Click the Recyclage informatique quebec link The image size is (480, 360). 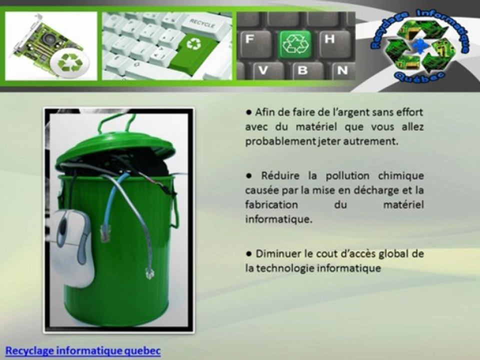[83, 350]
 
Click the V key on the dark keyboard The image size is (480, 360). [263, 70]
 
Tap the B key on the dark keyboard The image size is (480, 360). [303, 70]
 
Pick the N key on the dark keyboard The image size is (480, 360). [342, 70]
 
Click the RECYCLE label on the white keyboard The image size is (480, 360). [202, 23]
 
